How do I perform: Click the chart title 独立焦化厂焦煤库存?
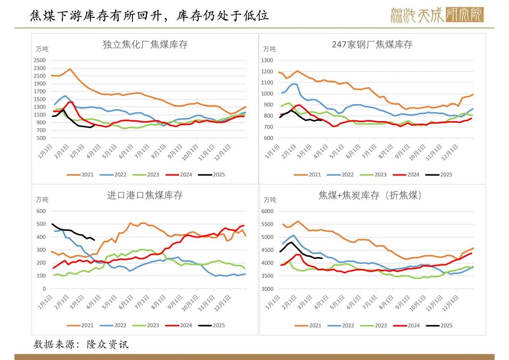tap(145, 45)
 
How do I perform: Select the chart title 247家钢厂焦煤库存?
tap(372, 45)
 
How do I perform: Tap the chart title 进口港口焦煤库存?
tap(145, 195)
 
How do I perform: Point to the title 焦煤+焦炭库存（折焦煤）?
tap(372, 195)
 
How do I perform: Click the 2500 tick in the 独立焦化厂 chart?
tap(40, 60)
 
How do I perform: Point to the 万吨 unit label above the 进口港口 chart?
tap(42, 199)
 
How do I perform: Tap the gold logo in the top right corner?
tap(437, 15)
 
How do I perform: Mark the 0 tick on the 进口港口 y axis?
tap(44, 289)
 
